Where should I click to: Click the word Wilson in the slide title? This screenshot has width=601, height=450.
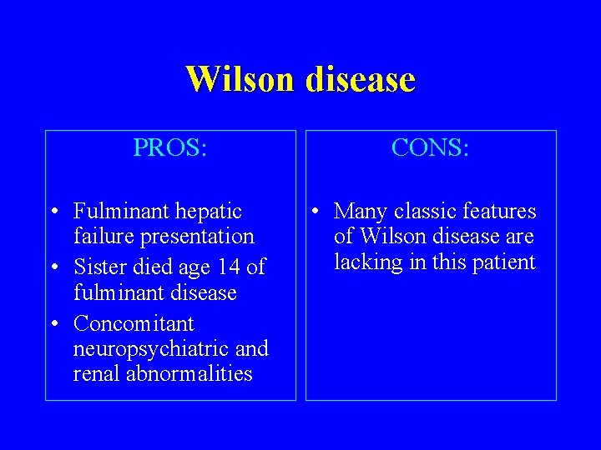[x=240, y=80]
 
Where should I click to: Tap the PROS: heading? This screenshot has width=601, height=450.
[x=170, y=148]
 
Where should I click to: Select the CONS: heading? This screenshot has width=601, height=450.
[x=431, y=148]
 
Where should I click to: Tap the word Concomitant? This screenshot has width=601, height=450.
[x=134, y=323]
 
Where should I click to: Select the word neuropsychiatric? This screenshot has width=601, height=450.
[x=153, y=348]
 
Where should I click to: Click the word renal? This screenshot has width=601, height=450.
[x=97, y=373]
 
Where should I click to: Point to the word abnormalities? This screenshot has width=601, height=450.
[x=189, y=373]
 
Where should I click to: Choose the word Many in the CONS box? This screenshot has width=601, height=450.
[x=361, y=212]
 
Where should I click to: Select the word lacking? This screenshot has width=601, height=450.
[x=364, y=262]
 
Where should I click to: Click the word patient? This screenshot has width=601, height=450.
[x=503, y=262]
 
